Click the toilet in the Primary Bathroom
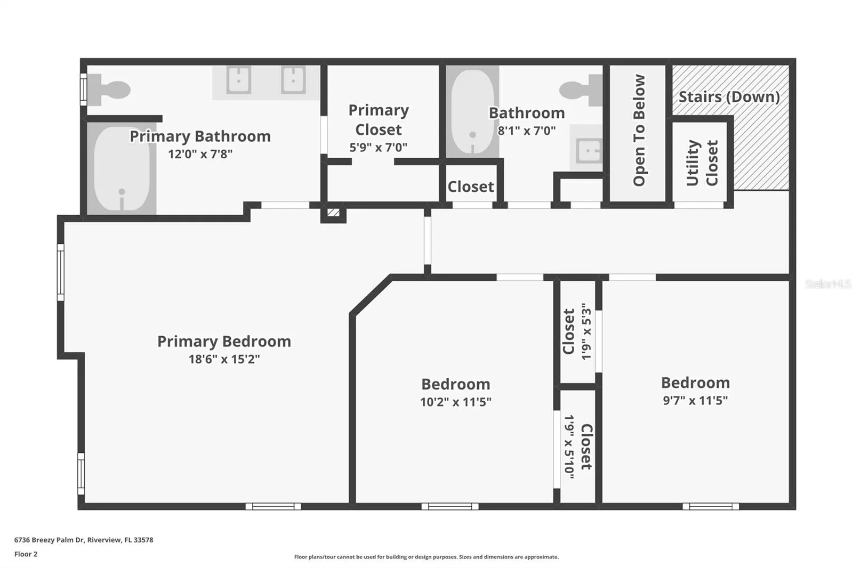click(x=110, y=90)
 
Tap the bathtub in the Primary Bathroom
click(x=122, y=169)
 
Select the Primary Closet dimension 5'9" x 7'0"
click(x=378, y=147)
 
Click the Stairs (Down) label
click(x=729, y=96)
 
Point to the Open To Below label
click(x=639, y=130)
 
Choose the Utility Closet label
click(x=702, y=163)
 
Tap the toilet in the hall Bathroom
click(x=581, y=90)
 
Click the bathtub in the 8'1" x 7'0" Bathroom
click(x=472, y=111)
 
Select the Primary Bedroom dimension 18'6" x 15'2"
click(x=224, y=359)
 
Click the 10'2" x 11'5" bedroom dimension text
click(x=456, y=402)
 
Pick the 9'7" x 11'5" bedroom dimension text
click(x=695, y=401)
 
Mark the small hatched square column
click(x=333, y=213)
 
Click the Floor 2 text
click(x=26, y=554)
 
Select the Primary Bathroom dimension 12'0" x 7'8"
click(x=200, y=154)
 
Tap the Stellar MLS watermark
click(x=828, y=283)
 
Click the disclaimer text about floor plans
click(x=426, y=557)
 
